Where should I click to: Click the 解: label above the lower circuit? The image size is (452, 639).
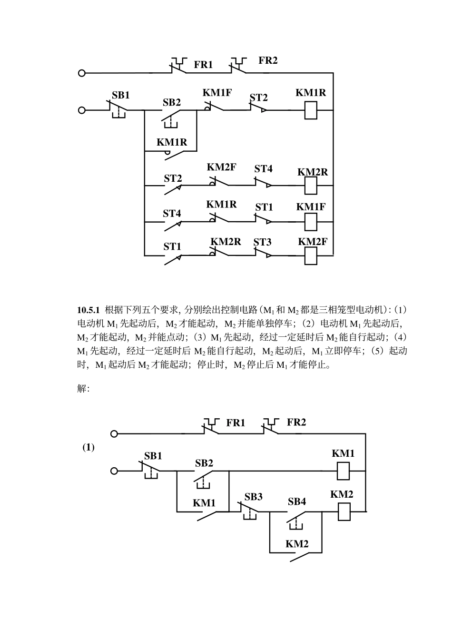tap(83, 389)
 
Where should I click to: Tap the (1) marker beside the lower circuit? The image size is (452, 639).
tap(88, 448)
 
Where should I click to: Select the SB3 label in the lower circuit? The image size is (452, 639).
tap(253, 497)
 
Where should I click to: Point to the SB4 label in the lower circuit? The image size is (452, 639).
tap(296, 501)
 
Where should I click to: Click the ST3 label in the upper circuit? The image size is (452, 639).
tap(262, 242)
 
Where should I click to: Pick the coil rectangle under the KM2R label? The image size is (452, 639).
tap(311, 185)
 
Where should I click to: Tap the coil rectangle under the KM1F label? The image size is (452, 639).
tap(311, 221)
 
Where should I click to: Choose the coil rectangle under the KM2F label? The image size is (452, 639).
tap(311, 256)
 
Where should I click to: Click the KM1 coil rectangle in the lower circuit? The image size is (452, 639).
tap(344, 471)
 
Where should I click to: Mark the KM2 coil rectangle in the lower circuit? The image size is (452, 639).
tap(344, 512)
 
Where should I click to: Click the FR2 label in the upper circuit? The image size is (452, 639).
tap(268, 60)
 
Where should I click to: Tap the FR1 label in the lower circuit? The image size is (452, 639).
tap(236, 423)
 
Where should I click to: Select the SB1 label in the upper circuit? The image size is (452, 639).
tap(120, 95)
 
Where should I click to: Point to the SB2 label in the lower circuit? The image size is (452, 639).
tap(204, 463)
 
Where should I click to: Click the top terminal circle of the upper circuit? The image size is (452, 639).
tap(82, 73)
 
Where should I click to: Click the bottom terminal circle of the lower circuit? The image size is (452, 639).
tap(114, 471)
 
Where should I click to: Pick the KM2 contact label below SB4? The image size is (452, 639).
tap(297, 544)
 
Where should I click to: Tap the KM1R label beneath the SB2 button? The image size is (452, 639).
tap(172, 142)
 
